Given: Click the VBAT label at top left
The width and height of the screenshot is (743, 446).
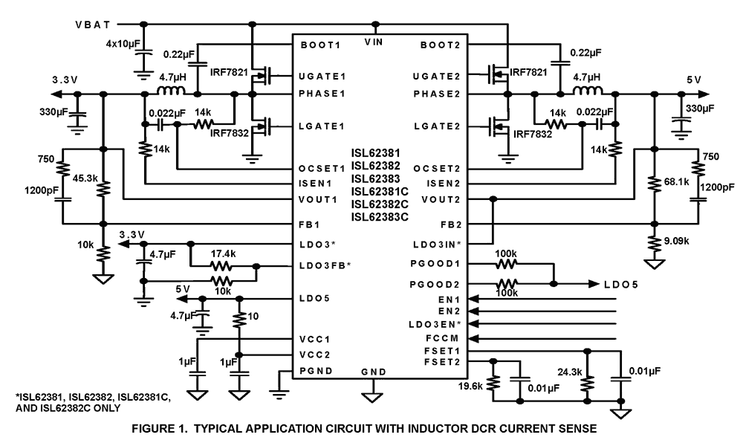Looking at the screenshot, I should pos(94,24).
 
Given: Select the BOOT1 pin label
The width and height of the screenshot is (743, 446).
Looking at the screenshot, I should pos(321,45).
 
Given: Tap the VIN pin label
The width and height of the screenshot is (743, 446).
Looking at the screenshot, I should pos(374,43).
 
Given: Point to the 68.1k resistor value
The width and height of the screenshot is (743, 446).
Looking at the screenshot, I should pos(672,181).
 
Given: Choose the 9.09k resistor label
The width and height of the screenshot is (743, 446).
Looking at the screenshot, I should pos(675,240).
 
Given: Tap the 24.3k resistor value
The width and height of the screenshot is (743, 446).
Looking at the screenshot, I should pos(566,369).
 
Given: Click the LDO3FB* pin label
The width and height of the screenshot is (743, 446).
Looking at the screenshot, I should pos(323,265).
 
